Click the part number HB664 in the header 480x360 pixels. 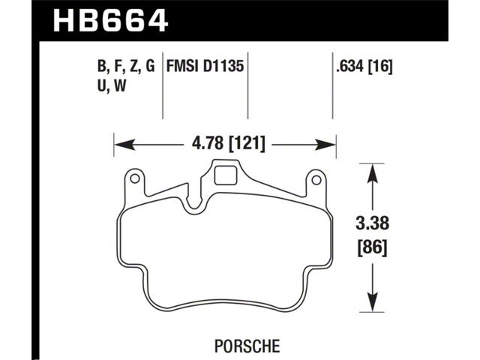point(111,20)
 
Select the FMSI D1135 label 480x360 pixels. point(205,66)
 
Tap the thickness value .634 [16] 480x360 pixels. point(364,67)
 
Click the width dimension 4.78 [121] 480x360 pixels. point(228,143)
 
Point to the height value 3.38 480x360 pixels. point(372,223)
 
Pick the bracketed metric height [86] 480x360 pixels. point(373,247)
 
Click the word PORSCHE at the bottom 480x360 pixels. point(247,346)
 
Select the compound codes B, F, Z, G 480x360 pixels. point(126,67)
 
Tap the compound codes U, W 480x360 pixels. point(112,86)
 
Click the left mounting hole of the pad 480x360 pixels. point(135,178)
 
